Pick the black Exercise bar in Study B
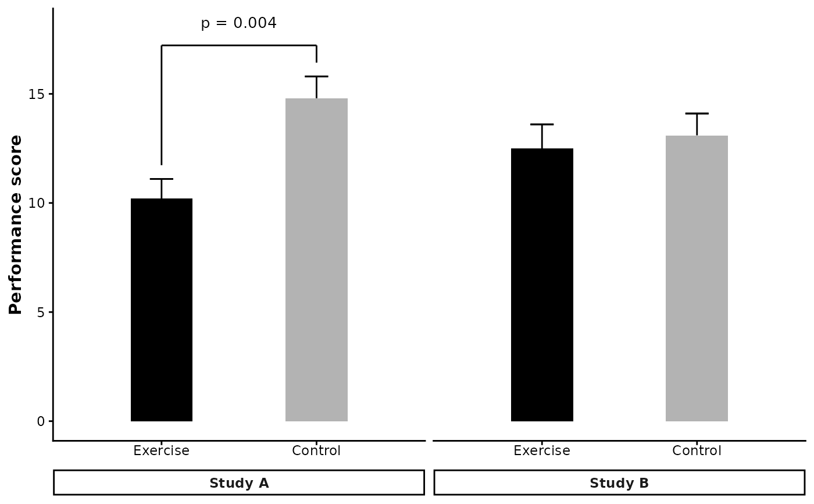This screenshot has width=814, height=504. (542, 285)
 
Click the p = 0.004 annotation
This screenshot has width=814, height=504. (238, 23)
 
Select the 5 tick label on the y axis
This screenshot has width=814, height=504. (41, 312)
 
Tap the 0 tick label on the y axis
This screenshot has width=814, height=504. (41, 421)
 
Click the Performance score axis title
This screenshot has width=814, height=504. (16, 225)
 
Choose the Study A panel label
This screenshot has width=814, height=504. (238, 483)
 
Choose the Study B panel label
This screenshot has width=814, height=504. (619, 483)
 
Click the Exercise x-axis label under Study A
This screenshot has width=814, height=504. (162, 451)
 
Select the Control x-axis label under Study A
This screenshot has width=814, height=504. (316, 451)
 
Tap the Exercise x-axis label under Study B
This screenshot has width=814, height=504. (542, 451)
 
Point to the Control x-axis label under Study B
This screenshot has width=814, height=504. (697, 451)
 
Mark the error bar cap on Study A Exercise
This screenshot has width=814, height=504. (162, 179)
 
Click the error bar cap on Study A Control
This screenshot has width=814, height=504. (316, 76)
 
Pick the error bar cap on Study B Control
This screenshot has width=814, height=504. (697, 113)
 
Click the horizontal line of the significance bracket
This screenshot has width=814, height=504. (238, 45)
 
